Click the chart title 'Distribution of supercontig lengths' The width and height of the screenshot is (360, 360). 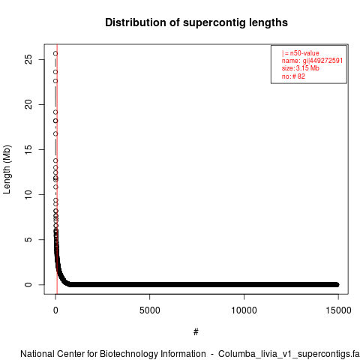[x=196, y=22]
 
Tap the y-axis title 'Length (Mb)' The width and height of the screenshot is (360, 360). [x=7, y=169]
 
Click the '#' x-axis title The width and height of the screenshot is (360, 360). [x=196, y=331]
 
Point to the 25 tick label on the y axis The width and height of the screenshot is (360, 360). [x=28, y=59]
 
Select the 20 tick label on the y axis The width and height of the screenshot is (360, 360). [x=28, y=104]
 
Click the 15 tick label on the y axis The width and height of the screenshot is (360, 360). [x=28, y=149]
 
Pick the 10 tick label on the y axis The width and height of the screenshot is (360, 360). [x=28, y=194]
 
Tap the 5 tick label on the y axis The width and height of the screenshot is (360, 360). [x=28, y=239]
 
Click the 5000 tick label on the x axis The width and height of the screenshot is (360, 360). [x=150, y=310]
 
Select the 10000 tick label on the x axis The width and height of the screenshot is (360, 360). [x=244, y=310]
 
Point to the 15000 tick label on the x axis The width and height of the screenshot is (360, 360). [x=338, y=310]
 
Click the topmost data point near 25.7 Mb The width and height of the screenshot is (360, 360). [x=55, y=53]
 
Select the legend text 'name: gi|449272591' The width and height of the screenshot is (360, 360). [x=312, y=61]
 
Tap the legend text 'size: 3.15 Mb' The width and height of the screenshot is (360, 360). [x=301, y=68]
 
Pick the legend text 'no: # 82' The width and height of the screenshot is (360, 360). [x=293, y=76]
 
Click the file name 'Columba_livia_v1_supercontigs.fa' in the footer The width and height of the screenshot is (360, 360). [x=289, y=354]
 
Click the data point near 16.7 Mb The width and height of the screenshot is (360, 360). [x=55, y=134]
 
